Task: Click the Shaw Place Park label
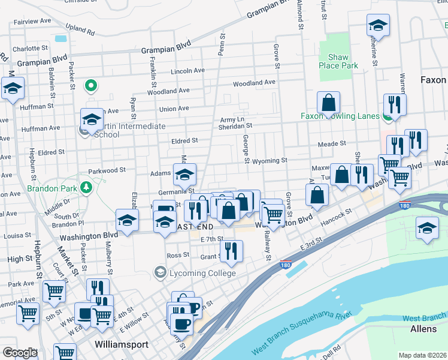(338, 61)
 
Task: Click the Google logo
(20, 352)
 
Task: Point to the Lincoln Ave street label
(187, 70)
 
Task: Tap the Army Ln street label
(232, 119)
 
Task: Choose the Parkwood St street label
(107, 170)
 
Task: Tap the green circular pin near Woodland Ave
(91, 86)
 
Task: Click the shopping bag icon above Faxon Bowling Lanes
(328, 103)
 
